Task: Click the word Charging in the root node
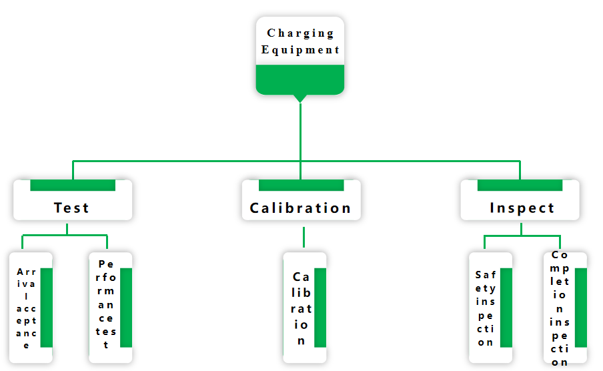coord(300,33)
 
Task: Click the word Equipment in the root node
coord(300,49)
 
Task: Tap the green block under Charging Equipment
coord(300,79)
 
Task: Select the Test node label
coord(71,208)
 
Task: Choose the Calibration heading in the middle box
coord(300,208)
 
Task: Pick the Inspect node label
coord(522,208)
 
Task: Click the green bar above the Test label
coord(73,185)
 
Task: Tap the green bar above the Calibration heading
coord(301,185)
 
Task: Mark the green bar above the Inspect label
coord(520,185)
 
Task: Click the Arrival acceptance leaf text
coord(27,308)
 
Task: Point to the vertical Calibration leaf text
coord(301,308)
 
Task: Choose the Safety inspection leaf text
coord(486,308)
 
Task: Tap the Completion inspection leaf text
coord(560,308)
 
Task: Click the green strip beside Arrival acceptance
coord(47,308)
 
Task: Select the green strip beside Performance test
coord(126,308)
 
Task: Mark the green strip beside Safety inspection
coord(506,308)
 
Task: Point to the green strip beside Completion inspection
coord(581,308)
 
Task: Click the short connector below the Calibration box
coord(304,237)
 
